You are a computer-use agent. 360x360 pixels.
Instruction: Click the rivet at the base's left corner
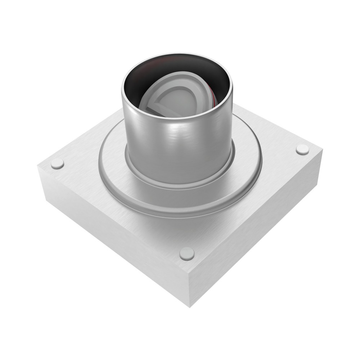point(57,163)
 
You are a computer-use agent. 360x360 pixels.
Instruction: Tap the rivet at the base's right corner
point(302,149)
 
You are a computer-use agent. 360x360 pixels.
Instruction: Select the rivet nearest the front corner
point(187,253)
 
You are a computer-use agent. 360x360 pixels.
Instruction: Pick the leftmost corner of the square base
point(38,166)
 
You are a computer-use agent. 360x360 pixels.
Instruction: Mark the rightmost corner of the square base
point(321,150)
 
